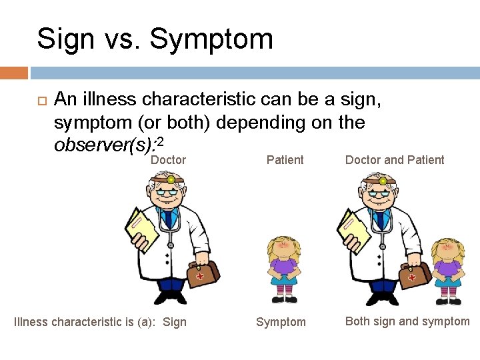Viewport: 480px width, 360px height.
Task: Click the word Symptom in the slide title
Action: tap(211, 39)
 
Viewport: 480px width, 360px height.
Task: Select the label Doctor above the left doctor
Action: tap(168, 160)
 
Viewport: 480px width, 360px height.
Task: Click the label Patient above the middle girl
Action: tap(285, 160)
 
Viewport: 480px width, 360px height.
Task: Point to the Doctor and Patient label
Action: tap(395, 160)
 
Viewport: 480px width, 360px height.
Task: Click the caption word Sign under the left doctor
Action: tap(175, 323)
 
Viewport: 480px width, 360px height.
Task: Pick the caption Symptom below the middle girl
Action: tap(281, 323)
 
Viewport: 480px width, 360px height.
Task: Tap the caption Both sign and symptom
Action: tap(407, 321)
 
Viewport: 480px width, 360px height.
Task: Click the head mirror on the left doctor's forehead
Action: tap(171, 180)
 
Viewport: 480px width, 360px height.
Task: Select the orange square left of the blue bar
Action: tap(13, 73)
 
